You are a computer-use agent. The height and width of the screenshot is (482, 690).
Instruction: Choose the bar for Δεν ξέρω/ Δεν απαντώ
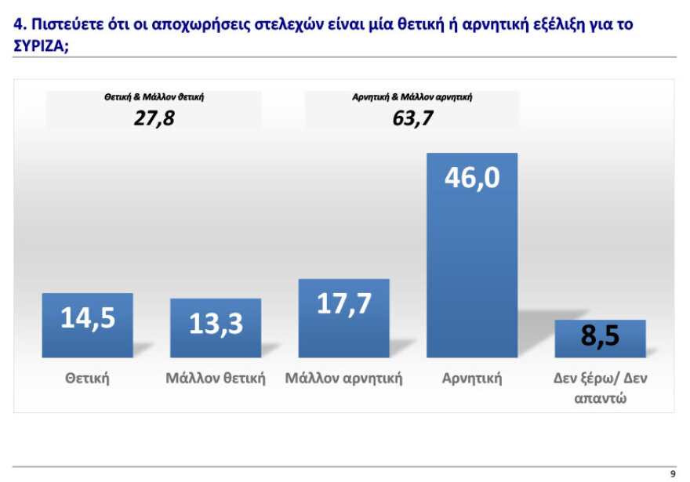click(600, 339)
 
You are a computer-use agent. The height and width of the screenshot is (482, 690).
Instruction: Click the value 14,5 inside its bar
click(87, 318)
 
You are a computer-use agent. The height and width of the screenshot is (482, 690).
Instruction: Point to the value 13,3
click(216, 323)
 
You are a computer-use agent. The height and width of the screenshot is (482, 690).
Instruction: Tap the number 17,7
click(343, 303)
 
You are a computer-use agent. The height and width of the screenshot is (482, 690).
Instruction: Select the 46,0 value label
click(472, 178)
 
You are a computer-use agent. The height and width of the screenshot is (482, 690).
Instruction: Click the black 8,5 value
click(600, 337)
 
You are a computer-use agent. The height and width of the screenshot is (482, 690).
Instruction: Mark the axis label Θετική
click(87, 379)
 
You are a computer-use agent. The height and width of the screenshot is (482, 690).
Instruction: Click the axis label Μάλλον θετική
click(216, 379)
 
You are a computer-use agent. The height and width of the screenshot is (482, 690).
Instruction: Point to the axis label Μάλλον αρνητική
click(343, 379)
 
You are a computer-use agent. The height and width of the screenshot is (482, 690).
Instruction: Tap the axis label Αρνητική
click(472, 379)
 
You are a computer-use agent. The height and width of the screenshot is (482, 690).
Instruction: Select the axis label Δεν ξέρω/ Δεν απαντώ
click(600, 388)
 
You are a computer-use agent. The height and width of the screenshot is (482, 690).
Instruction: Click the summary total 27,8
click(154, 119)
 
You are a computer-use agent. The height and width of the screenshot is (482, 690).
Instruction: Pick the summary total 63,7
click(412, 119)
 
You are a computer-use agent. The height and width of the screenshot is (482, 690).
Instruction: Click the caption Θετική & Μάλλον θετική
click(154, 99)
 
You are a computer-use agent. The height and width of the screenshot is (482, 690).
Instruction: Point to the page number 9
click(672, 473)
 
